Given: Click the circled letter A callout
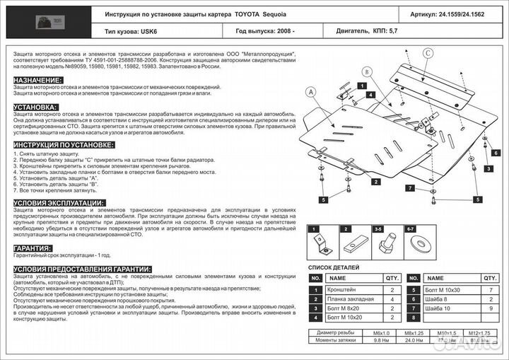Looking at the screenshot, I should (309, 91).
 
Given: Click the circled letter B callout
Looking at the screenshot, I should (366, 71).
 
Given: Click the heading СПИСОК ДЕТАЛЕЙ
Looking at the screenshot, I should (333, 268).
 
